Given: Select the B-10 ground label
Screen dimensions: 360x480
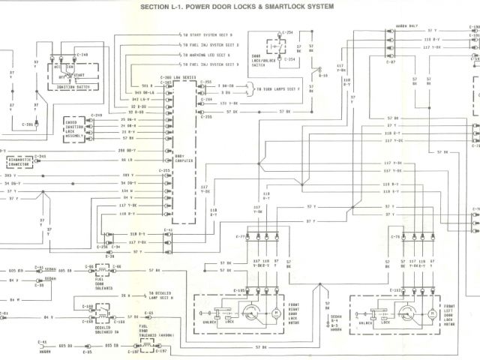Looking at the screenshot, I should point(323,76).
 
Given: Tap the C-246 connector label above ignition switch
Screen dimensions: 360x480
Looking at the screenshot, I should point(83,55).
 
